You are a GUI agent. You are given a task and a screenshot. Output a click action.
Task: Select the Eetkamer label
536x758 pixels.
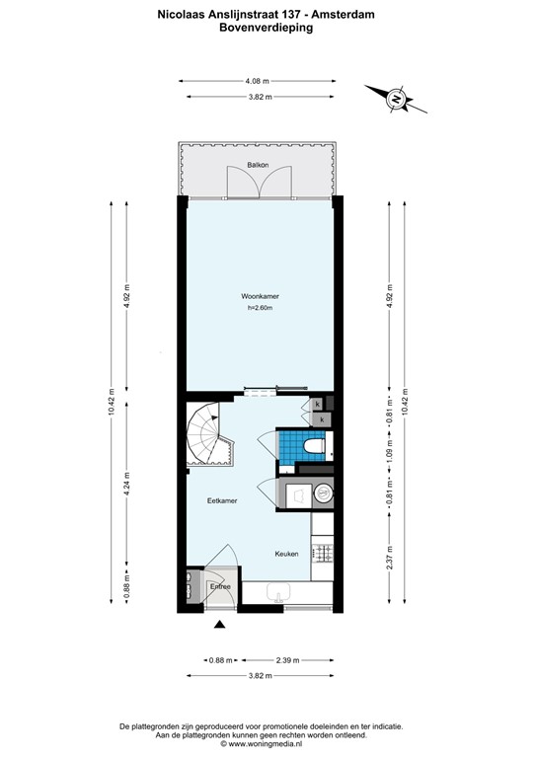(x=222, y=501)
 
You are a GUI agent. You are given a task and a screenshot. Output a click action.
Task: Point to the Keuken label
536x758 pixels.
(x=286, y=554)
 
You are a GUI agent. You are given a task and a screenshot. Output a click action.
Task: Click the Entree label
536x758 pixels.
(x=220, y=587)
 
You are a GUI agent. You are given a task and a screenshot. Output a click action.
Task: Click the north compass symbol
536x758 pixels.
(x=396, y=98)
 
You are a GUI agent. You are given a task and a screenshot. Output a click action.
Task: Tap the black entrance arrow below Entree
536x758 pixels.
(x=219, y=623)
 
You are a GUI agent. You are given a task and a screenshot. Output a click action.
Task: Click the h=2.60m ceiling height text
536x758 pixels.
(x=259, y=310)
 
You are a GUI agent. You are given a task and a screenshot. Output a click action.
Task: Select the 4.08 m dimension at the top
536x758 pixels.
(x=260, y=81)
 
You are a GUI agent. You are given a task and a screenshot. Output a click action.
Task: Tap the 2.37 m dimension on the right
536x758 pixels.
(x=390, y=559)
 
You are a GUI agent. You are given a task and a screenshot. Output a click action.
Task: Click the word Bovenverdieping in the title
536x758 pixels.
(x=268, y=29)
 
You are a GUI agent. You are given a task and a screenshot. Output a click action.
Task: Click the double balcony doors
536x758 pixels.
(x=259, y=181)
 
